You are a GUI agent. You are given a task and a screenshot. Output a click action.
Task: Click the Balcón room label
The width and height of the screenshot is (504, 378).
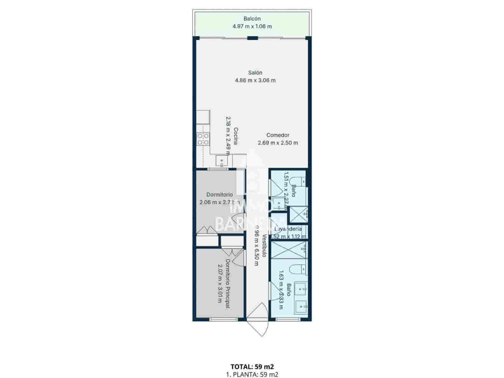(252, 19)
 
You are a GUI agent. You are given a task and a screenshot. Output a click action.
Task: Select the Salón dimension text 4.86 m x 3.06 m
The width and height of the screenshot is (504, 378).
(255, 80)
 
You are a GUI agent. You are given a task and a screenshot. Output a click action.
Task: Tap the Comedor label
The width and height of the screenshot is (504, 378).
(278, 135)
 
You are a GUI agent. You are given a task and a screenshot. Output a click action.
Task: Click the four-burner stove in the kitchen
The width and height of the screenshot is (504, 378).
(203, 139)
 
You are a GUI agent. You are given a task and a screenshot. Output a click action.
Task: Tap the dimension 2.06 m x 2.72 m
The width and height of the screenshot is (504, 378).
(219, 202)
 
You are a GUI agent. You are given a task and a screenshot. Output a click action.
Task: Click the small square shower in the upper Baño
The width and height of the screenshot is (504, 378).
(298, 214)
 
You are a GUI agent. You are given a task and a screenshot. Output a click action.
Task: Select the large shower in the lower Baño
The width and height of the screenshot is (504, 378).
(289, 249)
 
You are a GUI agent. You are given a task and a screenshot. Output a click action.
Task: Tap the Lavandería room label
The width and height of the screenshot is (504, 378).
(288, 229)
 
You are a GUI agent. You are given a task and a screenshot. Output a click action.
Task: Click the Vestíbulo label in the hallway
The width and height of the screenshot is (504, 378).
(264, 246)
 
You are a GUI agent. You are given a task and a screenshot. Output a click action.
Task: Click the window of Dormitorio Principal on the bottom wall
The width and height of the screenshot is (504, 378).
(223, 320)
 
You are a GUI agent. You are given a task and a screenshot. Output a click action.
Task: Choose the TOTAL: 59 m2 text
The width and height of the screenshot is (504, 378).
(252, 367)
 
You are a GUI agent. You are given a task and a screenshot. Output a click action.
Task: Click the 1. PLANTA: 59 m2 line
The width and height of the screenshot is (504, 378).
(252, 375)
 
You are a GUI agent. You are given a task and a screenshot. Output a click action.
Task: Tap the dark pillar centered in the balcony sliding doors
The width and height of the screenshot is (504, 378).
(252, 38)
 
